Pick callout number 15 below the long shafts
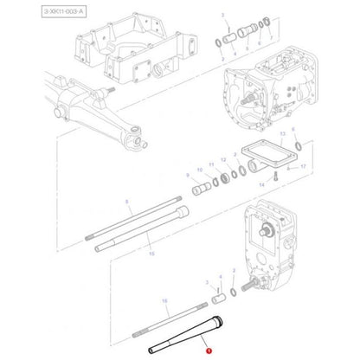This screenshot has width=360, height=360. (151, 254)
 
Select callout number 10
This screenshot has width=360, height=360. (200, 170)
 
